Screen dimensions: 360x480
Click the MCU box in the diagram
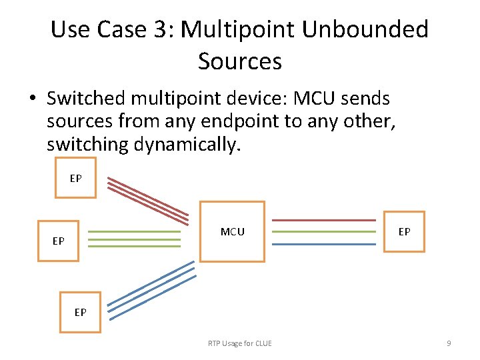pyautogui.click(x=232, y=231)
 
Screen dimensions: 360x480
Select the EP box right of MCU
pyautogui.click(x=404, y=231)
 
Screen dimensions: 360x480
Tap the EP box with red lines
pyautogui.click(x=75, y=178)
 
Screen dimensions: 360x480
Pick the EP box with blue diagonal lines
pyautogui.click(x=80, y=311)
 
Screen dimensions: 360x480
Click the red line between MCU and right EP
pyautogui.click(x=324, y=220)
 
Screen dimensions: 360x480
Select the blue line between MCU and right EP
pyautogui.click(x=324, y=244)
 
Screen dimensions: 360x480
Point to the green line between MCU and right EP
pyautogui.click(x=324, y=232)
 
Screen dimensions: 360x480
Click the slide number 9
pyautogui.click(x=449, y=343)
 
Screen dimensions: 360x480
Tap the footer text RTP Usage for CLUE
pyautogui.click(x=239, y=343)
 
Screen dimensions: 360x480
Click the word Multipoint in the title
pyautogui.click(x=242, y=29)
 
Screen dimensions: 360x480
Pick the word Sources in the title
pyautogui.click(x=240, y=61)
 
